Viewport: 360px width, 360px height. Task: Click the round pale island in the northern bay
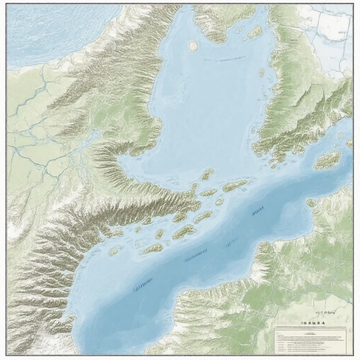pyautogui.click(x=193, y=45)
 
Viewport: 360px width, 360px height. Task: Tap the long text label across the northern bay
pyautogui.click(x=224, y=58)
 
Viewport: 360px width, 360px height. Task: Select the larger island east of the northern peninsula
pyautogui.click(x=255, y=32)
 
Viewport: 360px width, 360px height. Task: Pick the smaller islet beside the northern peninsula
pyautogui.click(x=240, y=29)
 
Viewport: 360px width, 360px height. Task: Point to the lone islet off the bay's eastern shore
pyautogui.click(x=262, y=72)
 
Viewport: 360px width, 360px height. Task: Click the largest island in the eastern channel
pyautogui.click(x=328, y=160)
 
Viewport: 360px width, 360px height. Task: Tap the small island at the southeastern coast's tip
pyautogui.click(x=311, y=202)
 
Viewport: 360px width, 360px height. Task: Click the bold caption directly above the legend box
pyautogui.click(x=313, y=322)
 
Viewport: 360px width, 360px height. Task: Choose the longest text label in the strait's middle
pyautogui.click(x=195, y=256)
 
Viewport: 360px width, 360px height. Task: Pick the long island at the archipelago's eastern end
pyautogui.click(x=235, y=185)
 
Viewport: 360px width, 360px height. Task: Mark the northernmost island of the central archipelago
pyautogui.click(x=207, y=174)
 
